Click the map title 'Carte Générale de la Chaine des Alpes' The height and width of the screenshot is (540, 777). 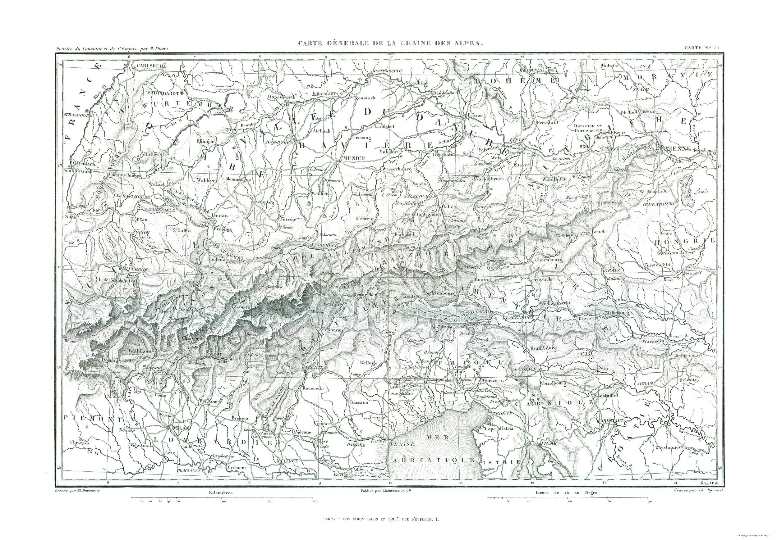coord(389,43)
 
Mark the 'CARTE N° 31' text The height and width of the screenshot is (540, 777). coord(704,48)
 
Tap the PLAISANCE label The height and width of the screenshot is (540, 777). coord(190,470)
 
